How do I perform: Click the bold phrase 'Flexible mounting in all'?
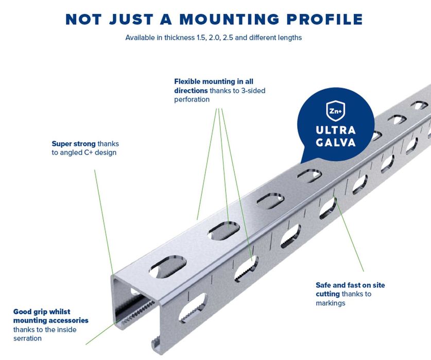[x=214, y=81]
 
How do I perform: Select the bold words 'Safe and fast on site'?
[x=350, y=285]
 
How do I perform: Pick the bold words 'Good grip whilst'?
[x=42, y=312]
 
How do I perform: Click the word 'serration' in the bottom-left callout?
[x=27, y=338]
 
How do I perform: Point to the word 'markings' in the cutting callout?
[x=330, y=303]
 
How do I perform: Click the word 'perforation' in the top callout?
[x=192, y=99]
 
